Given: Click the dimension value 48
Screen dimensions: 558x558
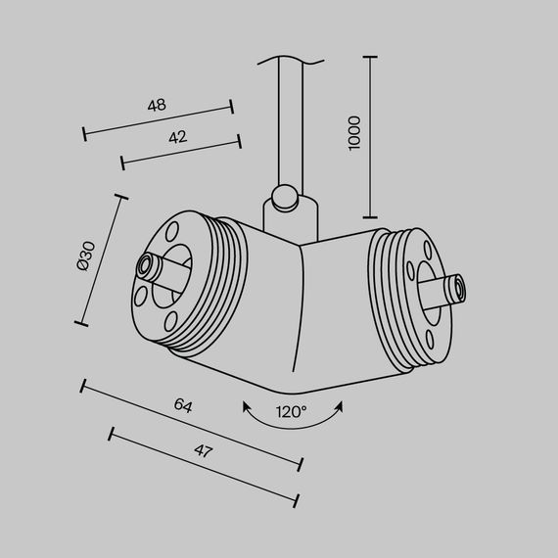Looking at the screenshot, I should [157, 104].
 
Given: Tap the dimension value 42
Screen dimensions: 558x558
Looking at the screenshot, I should [176, 138].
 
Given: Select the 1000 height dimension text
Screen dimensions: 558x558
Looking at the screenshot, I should [354, 133].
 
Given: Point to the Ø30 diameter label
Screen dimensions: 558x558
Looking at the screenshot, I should [85, 256].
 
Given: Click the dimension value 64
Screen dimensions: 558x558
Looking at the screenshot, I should [182, 404].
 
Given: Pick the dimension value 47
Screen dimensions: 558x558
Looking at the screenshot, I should [203, 451].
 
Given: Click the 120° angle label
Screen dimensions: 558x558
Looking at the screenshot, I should [292, 411].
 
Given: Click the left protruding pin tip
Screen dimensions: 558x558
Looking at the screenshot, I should [147, 266].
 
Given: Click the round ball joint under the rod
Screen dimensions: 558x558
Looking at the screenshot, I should [286, 198].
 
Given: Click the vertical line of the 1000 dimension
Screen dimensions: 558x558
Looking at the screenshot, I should [370, 137].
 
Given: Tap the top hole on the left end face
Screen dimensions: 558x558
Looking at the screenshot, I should [173, 232].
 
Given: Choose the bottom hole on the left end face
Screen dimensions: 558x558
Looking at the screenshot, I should [172, 320].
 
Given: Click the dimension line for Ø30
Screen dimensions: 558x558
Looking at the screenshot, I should [102, 259].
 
